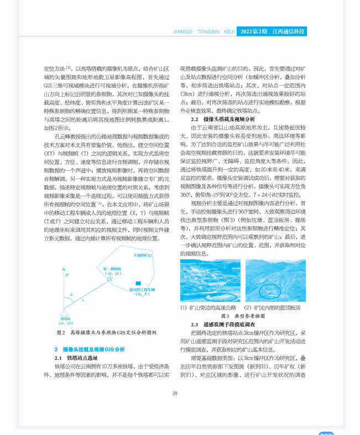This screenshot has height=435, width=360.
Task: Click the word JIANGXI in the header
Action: pyautogui.click(x=182, y=32)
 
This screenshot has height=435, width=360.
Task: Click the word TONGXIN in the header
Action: pyautogui.click(x=208, y=32)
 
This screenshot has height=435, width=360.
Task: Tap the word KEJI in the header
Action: pyautogui.click(x=229, y=32)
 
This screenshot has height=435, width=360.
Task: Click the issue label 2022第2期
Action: pyautogui.click(x=254, y=32)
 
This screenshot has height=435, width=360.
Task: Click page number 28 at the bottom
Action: pyautogui.click(x=175, y=394)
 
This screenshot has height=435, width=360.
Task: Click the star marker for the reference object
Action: pyautogui.click(x=110, y=279)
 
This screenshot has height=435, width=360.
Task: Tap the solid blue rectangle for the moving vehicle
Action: pyautogui.click(x=138, y=284)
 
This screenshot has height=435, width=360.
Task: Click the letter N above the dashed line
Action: pyautogui.click(x=64, y=269)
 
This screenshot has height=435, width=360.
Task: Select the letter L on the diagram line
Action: pyautogui.click(x=84, y=300)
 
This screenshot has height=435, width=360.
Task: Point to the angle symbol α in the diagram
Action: pyautogui.click(x=71, y=295)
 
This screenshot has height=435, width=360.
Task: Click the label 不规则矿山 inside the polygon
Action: pyautogui.click(x=143, y=256)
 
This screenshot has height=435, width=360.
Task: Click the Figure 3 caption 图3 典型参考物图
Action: pyautogui.click(x=243, y=316)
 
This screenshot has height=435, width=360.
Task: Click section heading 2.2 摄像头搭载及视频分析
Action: pyautogui.click(x=223, y=119)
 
